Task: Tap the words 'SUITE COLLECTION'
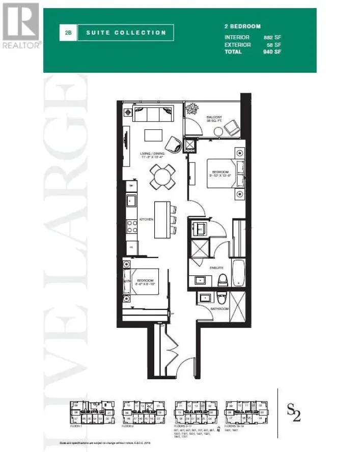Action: click(126, 33)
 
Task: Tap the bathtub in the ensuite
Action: click(238, 271)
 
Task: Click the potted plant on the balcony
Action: click(193, 109)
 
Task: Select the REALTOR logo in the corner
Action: click(21, 25)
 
